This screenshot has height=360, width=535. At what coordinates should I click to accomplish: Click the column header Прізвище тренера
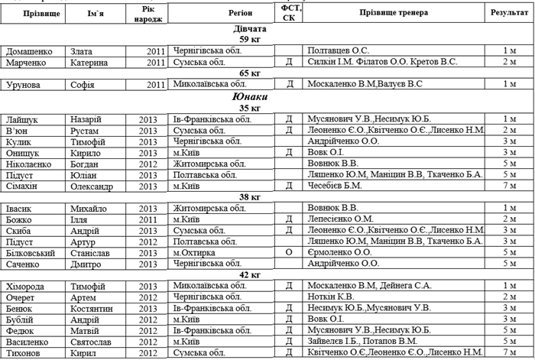394,13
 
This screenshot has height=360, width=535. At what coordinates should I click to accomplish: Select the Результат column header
509,13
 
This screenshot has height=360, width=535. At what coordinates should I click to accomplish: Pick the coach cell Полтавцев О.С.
338,50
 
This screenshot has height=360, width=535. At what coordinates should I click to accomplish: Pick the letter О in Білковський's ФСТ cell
288,252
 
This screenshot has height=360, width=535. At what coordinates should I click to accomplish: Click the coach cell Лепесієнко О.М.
342,219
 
